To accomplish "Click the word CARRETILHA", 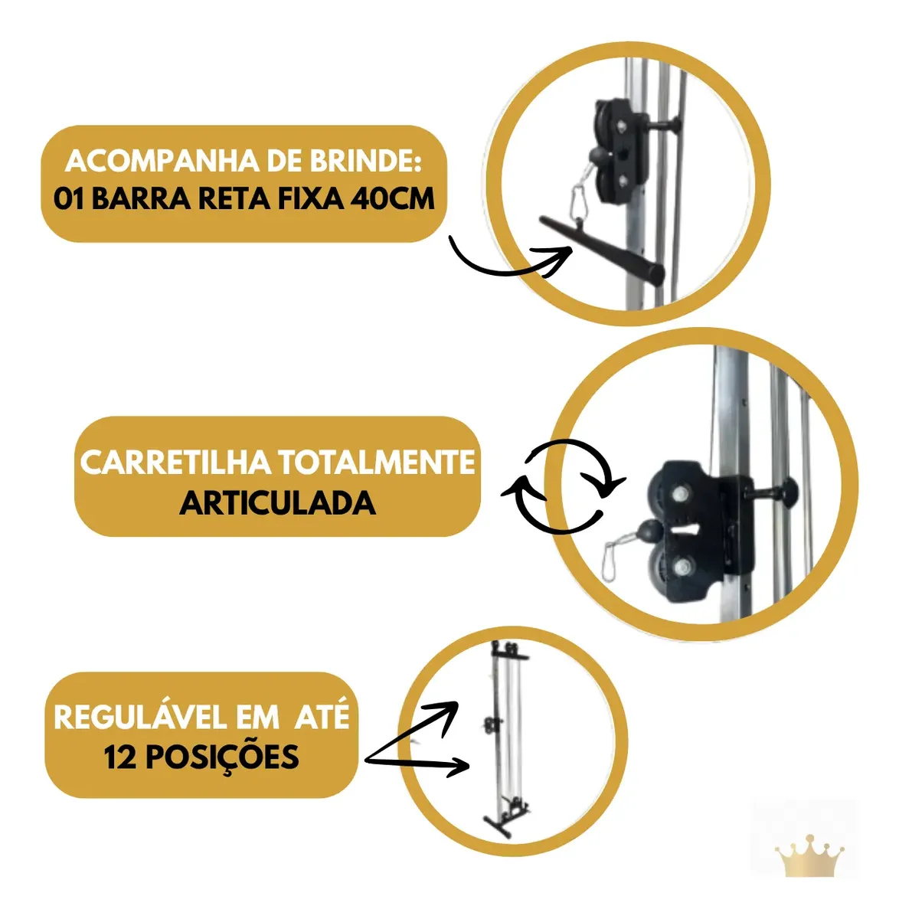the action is (175, 462).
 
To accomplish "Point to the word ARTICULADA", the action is (278, 503).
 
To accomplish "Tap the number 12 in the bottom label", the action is (120, 757).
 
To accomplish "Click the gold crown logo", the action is (809, 855).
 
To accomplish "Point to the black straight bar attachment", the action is (602, 250).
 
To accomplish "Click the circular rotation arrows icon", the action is (563, 486).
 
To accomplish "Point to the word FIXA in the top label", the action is (310, 198).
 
